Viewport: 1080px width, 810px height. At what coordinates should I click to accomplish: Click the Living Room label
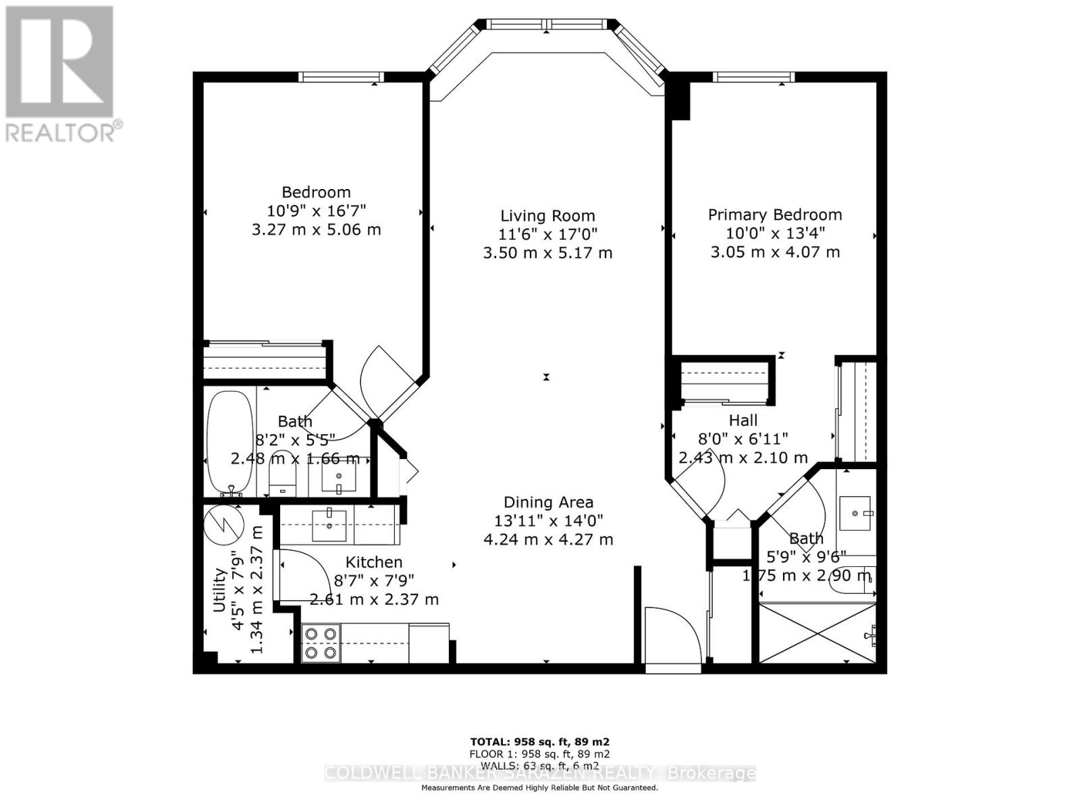547,216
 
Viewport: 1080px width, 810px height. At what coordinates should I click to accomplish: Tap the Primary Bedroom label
775,215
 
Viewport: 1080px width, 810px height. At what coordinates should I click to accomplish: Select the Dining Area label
548,502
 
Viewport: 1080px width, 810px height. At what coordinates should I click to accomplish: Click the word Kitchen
374,562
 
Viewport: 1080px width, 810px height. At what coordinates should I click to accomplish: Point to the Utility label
219,590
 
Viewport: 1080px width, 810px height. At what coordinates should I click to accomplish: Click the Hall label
743,420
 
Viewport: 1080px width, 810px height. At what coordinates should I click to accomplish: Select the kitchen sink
329,524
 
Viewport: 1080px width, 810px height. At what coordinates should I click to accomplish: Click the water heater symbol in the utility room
223,523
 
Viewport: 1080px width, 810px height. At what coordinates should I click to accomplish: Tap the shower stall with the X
817,633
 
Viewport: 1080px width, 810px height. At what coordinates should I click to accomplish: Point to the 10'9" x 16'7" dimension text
316,211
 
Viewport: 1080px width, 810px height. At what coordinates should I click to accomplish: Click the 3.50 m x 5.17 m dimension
547,253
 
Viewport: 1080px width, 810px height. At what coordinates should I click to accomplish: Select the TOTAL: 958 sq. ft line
539,741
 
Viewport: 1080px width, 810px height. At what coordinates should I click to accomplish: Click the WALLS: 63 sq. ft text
539,765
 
